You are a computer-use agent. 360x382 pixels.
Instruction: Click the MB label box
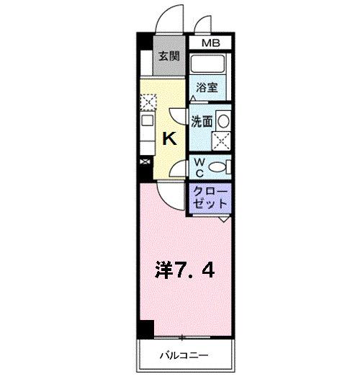[x=210, y=44]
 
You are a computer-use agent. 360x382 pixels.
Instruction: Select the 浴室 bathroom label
[x=207, y=88]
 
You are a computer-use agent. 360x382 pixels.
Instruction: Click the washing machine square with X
[x=222, y=140]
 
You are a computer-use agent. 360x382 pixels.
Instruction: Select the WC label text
[x=199, y=167]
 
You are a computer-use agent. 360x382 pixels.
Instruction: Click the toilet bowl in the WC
[x=222, y=167]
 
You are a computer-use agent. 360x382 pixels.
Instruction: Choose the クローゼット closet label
[x=210, y=197]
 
